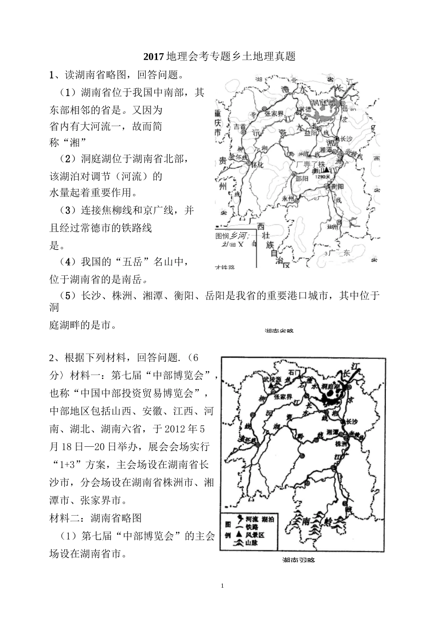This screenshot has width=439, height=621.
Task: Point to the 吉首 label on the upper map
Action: click(240, 126)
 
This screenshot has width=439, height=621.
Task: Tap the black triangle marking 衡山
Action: click(326, 170)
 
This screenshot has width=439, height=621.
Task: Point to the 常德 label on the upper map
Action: click(305, 109)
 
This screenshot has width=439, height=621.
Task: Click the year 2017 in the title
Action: click(153, 57)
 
